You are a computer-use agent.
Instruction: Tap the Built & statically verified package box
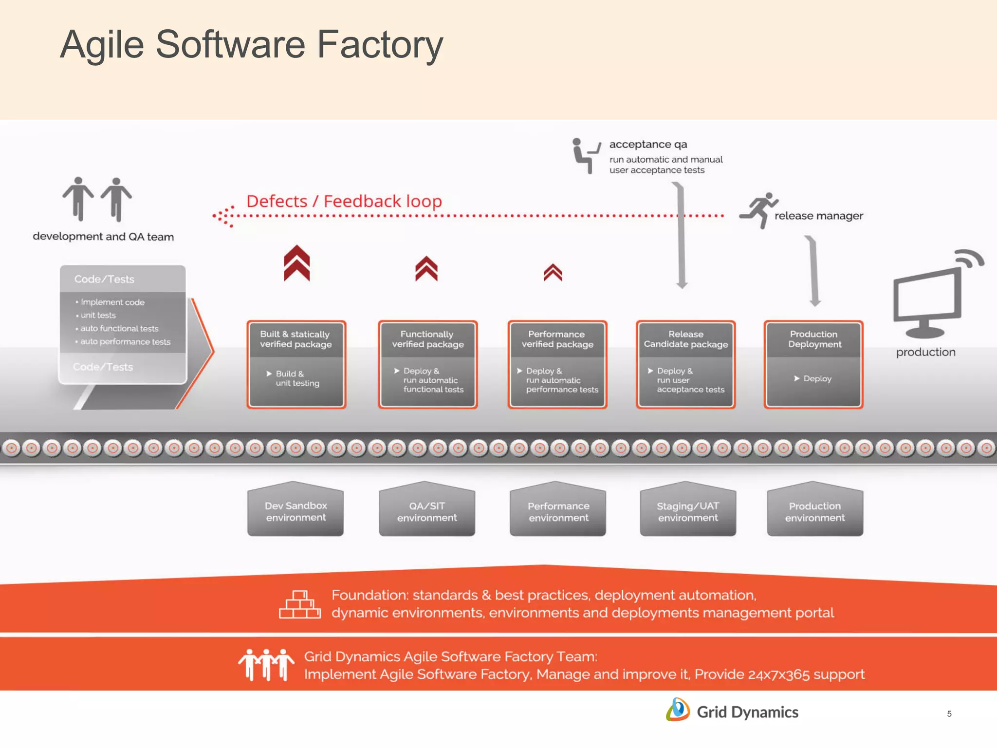pyautogui.click(x=296, y=364)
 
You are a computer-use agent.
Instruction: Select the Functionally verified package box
pyautogui.click(x=427, y=364)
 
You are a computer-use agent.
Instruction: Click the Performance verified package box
pyautogui.click(x=557, y=364)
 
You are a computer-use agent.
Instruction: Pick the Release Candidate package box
pyautogui.click(x=685, y=364)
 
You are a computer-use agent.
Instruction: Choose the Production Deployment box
pyautogui.click(x=813, y=364)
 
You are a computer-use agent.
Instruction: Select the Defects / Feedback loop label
pyautogui.click(x=344, y=201)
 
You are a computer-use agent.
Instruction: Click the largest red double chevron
pyautogui.click(x=297, y=263)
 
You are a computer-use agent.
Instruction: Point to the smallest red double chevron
pyautogui.click(x=553, y=273)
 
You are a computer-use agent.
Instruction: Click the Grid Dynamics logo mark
pyautogui.click(x=678, y=710)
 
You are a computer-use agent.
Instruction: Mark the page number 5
pyautogui.click(x=949, y=714)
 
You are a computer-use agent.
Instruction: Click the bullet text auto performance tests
pyautogui.click(x=125, y=342)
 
